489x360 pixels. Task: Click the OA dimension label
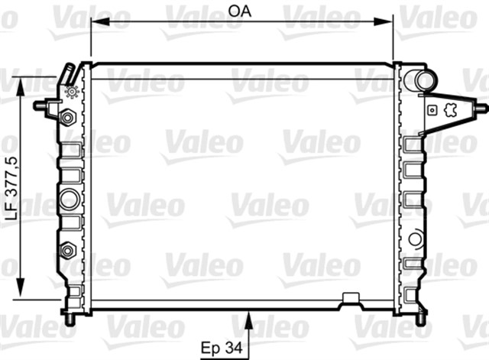(241, 11)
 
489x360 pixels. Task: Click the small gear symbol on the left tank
(73, 92)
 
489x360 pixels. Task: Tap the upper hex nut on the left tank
(67, 118)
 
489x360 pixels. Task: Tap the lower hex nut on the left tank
(66, 250)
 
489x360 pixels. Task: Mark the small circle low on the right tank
(414, 238)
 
